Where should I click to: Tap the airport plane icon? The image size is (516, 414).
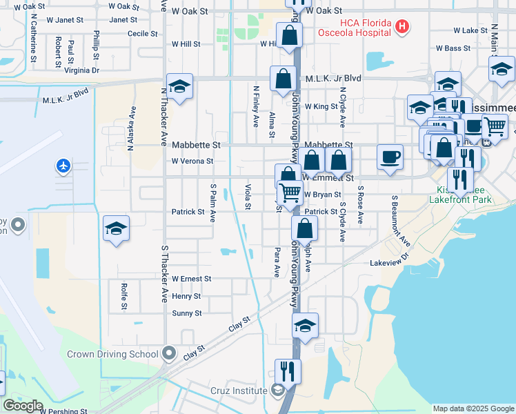[x=63, y=166]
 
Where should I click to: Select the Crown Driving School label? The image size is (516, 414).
[x=112, y=355]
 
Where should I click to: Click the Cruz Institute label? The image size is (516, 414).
[x=239, y=391]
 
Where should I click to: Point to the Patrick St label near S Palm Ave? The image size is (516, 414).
[x=188, y=212]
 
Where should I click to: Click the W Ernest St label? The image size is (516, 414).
[x=191, y=279]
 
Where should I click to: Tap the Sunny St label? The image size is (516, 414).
[x=187, y=313]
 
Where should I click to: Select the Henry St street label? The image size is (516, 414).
[x=186, y=296]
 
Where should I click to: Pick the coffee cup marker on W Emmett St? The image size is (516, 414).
[x=390, y=157]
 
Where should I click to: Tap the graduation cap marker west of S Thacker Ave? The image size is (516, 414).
[x=116, y=229]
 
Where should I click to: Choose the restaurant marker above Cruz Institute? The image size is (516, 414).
[x=288, y=371]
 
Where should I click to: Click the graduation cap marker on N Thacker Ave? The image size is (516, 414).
[x=179, y=87]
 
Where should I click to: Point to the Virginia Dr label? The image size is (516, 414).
[x=81, y=70]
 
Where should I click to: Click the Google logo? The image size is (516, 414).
[x=23, y=406]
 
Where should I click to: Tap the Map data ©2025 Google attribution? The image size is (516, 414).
[x=473, y=408]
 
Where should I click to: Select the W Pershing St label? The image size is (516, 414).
[x=63, y=411]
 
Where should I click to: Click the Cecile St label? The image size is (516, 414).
[x=143, y=33]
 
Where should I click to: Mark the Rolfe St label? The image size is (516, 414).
[x=124, y=296]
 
